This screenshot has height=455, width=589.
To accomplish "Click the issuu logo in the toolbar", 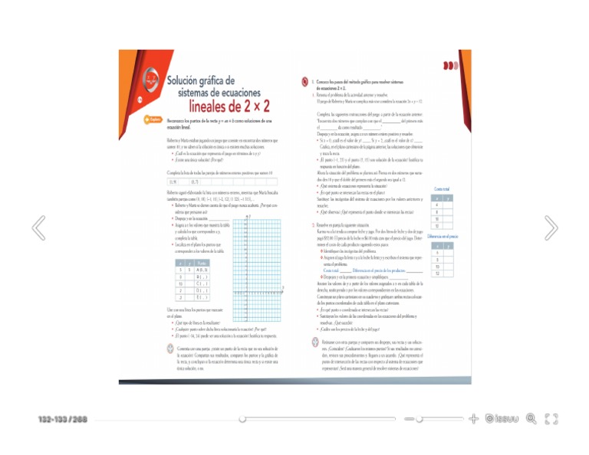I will pos(506,419).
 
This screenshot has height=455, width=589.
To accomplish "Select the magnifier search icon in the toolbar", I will pos(531,419).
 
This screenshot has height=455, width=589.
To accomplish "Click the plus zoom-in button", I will pos(474,419).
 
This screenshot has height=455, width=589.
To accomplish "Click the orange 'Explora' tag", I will pos(152,119).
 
